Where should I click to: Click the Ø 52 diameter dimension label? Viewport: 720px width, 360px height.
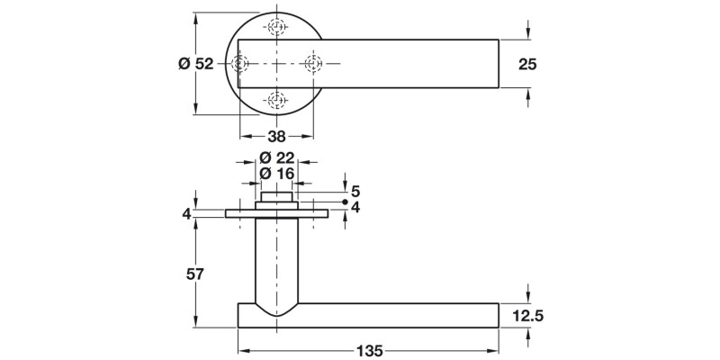pos(196,63)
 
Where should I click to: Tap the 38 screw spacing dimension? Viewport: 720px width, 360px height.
pos(276,137)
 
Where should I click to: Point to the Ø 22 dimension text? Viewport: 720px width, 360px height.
pos(277,157)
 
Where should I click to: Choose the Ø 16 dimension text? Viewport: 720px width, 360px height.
pos(277,174)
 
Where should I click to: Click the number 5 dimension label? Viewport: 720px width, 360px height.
pos(355,191)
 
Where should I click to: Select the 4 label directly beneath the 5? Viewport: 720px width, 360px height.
pos(355,207)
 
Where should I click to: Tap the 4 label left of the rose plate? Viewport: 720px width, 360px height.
pos(186,214)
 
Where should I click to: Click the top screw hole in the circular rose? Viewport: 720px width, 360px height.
pos(277,26)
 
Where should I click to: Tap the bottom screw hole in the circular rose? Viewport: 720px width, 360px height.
pos(277,100)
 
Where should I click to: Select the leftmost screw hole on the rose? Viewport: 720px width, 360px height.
pos(240,63)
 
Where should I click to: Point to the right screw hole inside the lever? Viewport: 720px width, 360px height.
pos(314,63)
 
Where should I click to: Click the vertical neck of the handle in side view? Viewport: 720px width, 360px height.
pos(276,261)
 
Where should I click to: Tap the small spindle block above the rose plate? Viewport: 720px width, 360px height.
pos(277,196)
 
